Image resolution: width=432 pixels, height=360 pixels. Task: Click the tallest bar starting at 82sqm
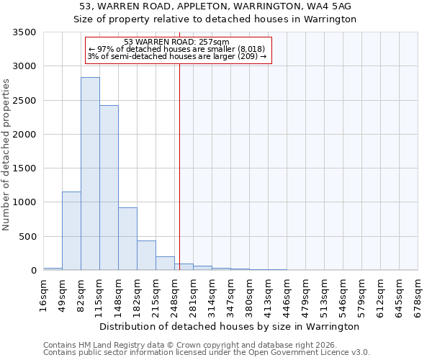[x=90, y=174]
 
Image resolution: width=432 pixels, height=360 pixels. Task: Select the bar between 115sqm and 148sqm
[x=109, y=188]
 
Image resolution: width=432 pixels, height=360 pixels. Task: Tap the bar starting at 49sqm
[x=71, y=231]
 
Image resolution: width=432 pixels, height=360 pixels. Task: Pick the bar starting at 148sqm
[x=127, y=239]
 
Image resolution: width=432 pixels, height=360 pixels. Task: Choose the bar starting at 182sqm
[x=146, y=256]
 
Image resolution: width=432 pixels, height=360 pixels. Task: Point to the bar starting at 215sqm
[x=165, y=264]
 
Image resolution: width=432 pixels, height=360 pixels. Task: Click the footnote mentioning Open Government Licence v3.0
[x=207, y=353]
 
